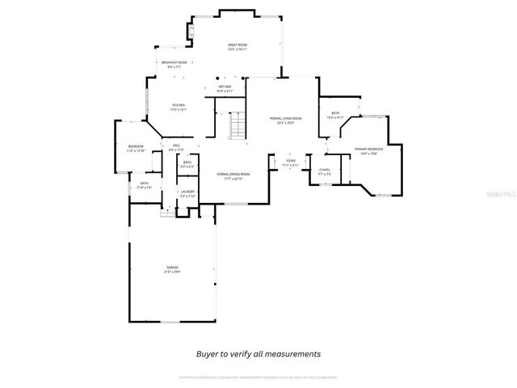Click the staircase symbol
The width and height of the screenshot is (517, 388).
click(237, 126)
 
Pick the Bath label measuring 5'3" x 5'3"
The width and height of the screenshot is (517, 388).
click(187, 164)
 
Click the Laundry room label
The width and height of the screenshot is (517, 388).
click(187, 194)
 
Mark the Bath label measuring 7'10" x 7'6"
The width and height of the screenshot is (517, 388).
click(144, 185)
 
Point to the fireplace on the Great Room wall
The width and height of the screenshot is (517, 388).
click(192, 32)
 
